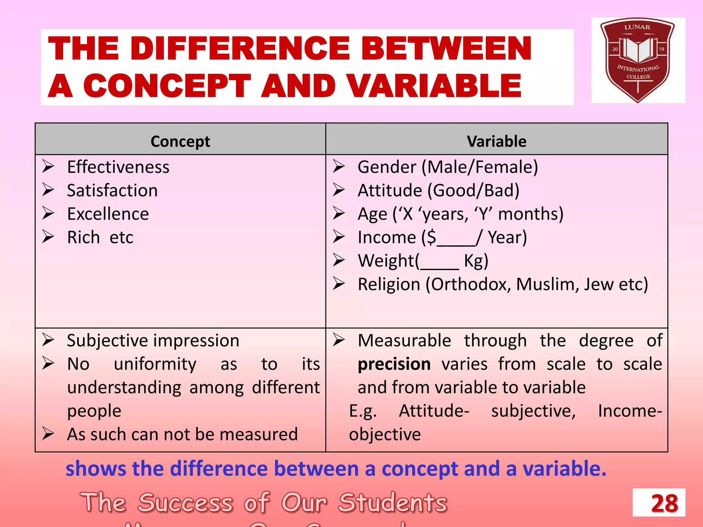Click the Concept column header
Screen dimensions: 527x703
tap(180, 141)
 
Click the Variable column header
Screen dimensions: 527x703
tap(496, 141)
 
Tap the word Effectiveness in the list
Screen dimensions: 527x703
tap(118, 167)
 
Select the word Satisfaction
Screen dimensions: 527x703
tap(112, 190)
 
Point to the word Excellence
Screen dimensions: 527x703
tap(108, 214)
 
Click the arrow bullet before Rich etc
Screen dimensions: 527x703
tap(48, 237)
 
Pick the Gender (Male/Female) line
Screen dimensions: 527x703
tap(448, 167)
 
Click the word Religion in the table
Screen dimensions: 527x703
tap(389, 284)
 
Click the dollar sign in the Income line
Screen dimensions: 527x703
tap(432, 237)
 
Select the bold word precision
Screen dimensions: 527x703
tap(394, 364)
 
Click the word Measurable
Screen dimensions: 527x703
tap(404, 341)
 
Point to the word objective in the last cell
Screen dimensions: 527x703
tap(385, 434)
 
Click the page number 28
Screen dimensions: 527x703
tap(664, 503)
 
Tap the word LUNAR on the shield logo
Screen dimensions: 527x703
tap(637, 27)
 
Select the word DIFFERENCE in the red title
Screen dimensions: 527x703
tap(240, 48)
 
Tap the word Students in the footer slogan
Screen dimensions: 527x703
tap(393, 502)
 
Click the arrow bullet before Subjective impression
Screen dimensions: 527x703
tap(48, 340)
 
